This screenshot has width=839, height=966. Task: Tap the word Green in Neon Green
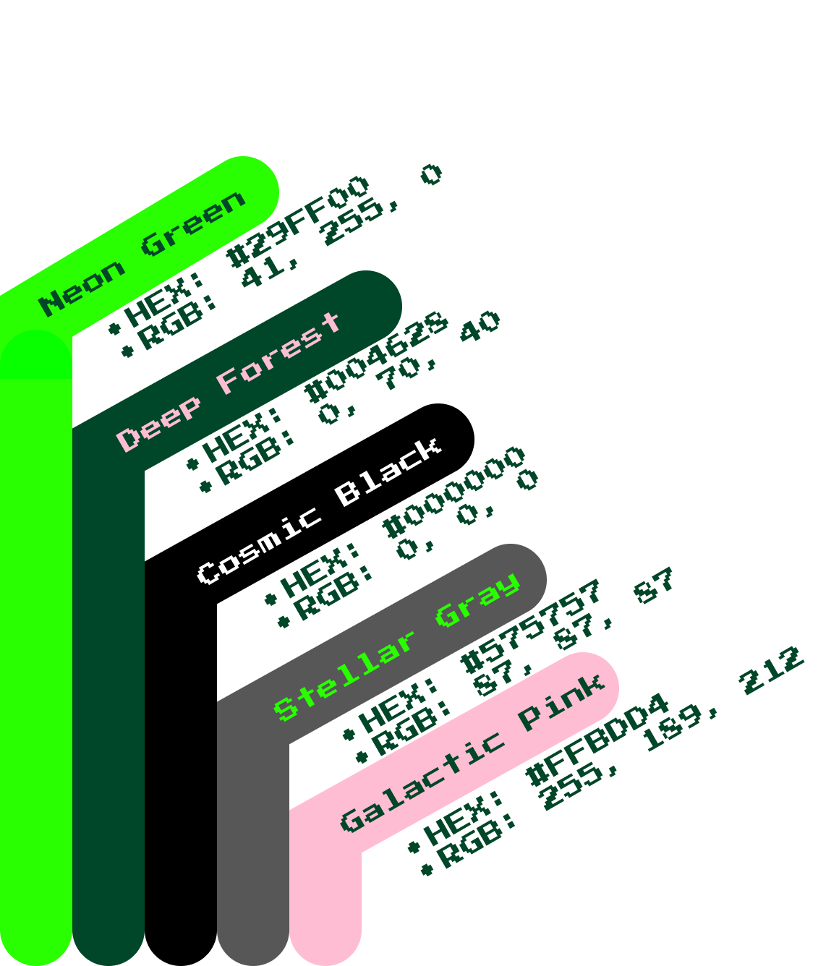[x=193, y=223]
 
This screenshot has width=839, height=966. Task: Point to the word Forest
[x=278, y=354]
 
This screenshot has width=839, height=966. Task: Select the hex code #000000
[x=454, y=492]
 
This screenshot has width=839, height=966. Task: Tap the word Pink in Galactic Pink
[x=561, y=702]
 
